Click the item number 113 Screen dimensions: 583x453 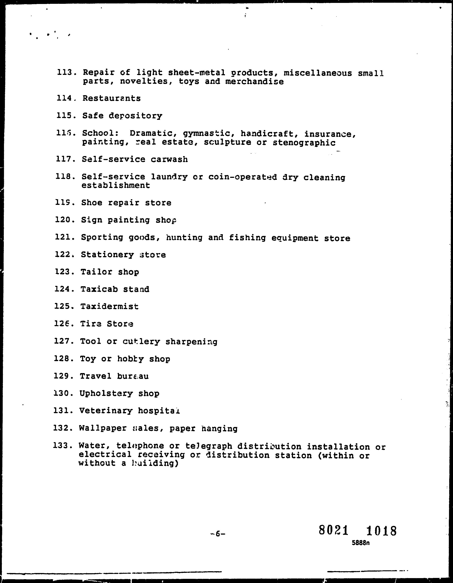coord(67,72)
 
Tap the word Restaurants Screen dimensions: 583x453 coord(111,98)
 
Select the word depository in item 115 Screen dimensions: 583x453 coord(136,116)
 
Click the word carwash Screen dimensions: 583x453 coord(169,159)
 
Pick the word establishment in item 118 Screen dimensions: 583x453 coord(116,185)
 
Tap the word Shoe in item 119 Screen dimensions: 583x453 coord(92,203)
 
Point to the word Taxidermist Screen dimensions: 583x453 coord(110,306)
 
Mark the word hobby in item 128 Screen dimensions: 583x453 coord(130,359)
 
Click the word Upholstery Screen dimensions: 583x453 coord(106,394)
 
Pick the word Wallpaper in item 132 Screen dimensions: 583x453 coord(103,428)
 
